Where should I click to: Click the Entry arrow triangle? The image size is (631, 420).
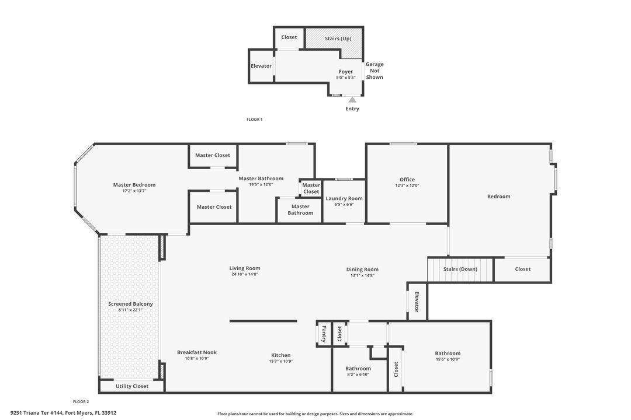pyautogui.click(x=352, y=100)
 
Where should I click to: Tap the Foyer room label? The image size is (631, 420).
pyautogui.click(x=346, y=72)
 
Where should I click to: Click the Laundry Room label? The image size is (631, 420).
pyautogui.click(x=344, y=198)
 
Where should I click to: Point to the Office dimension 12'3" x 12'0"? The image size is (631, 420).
pyautogui.click(x=407, y=185)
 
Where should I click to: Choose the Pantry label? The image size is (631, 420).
pyautogui.click(x=324, y=334)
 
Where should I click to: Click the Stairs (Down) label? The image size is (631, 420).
pyautogui.click(x=460, y=269)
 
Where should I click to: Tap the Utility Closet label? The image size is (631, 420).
pyautogui.click(x=132, y=386)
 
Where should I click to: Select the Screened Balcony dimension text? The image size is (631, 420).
pyautogui.click(x=130, y=310)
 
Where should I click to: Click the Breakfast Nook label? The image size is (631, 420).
pyautogui.click(x=197, y=352)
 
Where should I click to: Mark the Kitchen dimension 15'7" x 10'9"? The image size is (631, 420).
pyautogui.click(x=281, y=361)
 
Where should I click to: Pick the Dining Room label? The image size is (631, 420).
pyautogui.click(x=362, y=269)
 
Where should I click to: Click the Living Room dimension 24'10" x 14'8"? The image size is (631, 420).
pyautogui.click(x=245, y=275)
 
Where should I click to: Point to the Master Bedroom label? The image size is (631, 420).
pyautogui.click(x=134, y=185)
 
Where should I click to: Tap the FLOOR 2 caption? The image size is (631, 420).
pyautogui.click(x=81, y=401)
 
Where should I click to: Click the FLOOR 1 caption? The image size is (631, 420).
pyautogui.click(x=254, y=120)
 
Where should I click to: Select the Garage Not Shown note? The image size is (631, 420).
pyautogui.click(x=375, y=71)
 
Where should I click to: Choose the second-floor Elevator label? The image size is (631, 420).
pyautogui.click(x=417, y=302)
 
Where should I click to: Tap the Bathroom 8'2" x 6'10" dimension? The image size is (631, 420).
pyautogui.click(x=358, y=374)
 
